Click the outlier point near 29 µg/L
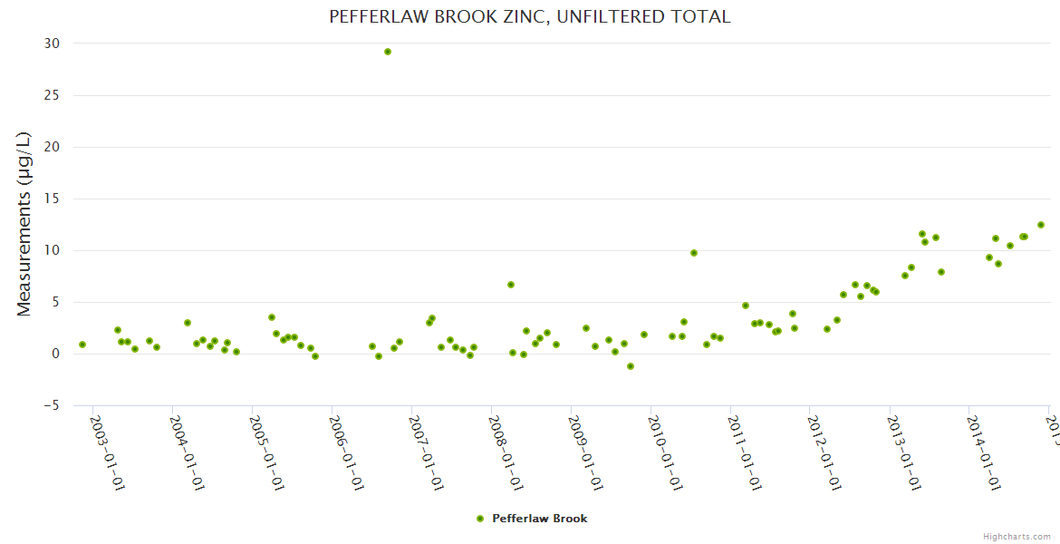click(388, 52)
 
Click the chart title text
click(529, 16)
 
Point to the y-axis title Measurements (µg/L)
click(24, 224)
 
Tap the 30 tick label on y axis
click(52, 44)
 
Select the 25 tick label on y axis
click(52, 95)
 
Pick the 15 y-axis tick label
click(52, 199)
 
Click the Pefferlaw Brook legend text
click(539, 519)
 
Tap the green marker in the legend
click(480, 519)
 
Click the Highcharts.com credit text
click(1017, 537)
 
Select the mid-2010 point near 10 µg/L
click(694, 253)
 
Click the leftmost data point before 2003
click(82, 345)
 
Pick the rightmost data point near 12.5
click(1041, 225)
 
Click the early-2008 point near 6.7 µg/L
click(511, 285)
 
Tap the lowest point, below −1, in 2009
click(631, 366)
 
